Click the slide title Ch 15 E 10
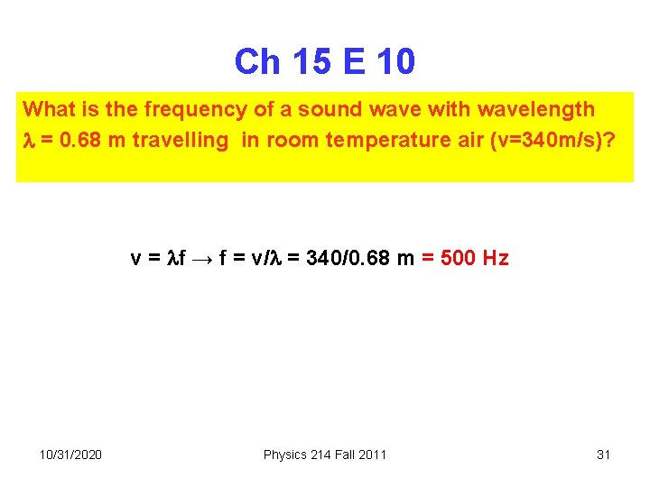325,62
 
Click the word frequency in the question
181,110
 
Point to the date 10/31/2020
70,455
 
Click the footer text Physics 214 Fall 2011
325,455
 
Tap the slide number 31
604,455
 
